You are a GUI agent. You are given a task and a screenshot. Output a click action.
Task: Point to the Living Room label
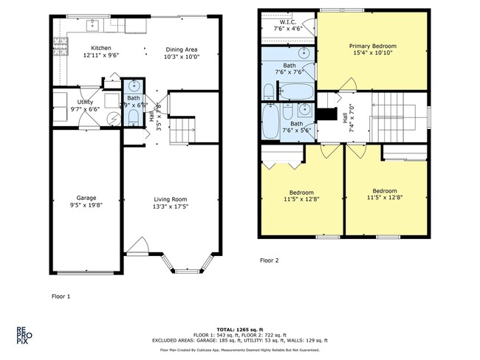(x=170, y=199)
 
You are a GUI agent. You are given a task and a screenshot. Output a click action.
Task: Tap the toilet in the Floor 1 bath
(x=133, y=115)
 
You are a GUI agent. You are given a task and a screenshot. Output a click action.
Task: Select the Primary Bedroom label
(x=372, y=46)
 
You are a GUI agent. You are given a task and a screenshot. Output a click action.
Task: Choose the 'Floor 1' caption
(x=61, y=296)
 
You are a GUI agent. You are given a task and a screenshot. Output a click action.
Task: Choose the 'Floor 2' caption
(x=270, y=260)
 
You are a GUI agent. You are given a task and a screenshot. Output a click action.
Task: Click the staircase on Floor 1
(x=181, y=134)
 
